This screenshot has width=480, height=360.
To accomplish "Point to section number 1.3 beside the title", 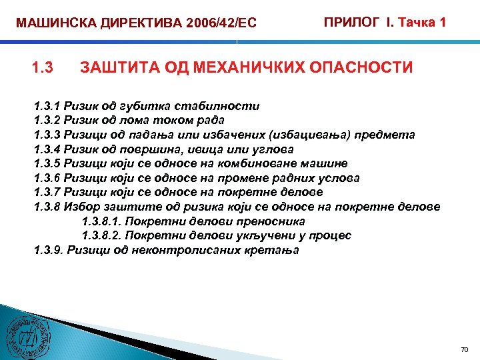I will point(43,67).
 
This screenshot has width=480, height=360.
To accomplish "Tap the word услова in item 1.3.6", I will point(338,178).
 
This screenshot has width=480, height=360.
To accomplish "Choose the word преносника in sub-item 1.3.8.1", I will point(274,221).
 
